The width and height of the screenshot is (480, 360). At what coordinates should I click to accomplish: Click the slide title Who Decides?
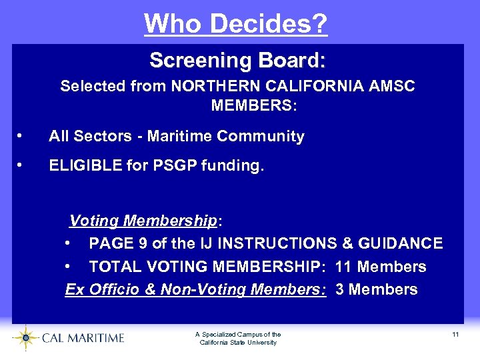[x=236, y=24]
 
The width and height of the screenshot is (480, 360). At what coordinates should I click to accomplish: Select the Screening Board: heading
[x=237, y=61]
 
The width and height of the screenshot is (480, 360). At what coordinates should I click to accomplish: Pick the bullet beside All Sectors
[x=21, y=137]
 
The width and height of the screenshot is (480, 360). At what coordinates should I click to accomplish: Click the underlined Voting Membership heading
[x=143, y=221]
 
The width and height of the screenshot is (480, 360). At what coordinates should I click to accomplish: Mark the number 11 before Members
[x=344, y=267]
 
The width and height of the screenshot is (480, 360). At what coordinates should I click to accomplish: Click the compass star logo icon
[x=25, y=337]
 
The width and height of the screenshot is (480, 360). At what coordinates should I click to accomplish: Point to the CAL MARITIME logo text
[x=83, y=338]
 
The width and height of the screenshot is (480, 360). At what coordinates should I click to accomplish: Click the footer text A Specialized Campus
[x=238, y=335]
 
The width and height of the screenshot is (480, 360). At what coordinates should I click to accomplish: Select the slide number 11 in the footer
[x=455, y=334]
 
